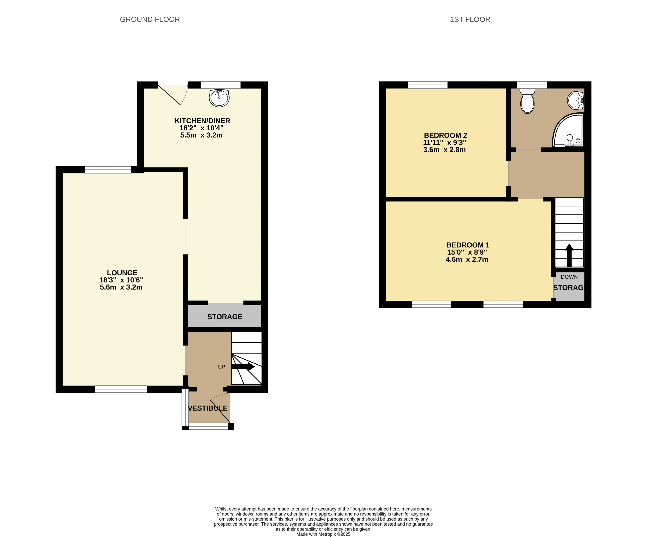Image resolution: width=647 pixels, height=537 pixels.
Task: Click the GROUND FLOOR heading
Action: (x=150, y=19)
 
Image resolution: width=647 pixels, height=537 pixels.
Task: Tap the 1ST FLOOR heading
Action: (x=470, y=19)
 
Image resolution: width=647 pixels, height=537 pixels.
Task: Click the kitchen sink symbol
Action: (x=219, y=98)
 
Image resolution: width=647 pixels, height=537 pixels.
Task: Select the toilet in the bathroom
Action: (x=527, y=101)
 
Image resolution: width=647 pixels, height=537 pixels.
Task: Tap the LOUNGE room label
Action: (x=122, y=273)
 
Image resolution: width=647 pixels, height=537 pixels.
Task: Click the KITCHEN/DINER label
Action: (x=202, y=121)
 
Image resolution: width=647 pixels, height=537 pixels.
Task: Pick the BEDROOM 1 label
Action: (x=468, y=245)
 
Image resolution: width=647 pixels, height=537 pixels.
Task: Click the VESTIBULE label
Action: (x=208, y=408)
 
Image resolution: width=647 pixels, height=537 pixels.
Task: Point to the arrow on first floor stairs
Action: (x=569, y=255)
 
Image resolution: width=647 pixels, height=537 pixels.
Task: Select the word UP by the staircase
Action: (x=222, y=367)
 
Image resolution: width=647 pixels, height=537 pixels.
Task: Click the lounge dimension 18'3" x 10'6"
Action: (x=121, y=280)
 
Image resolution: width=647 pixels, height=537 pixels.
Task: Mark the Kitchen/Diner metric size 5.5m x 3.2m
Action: (x=201, y=135)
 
